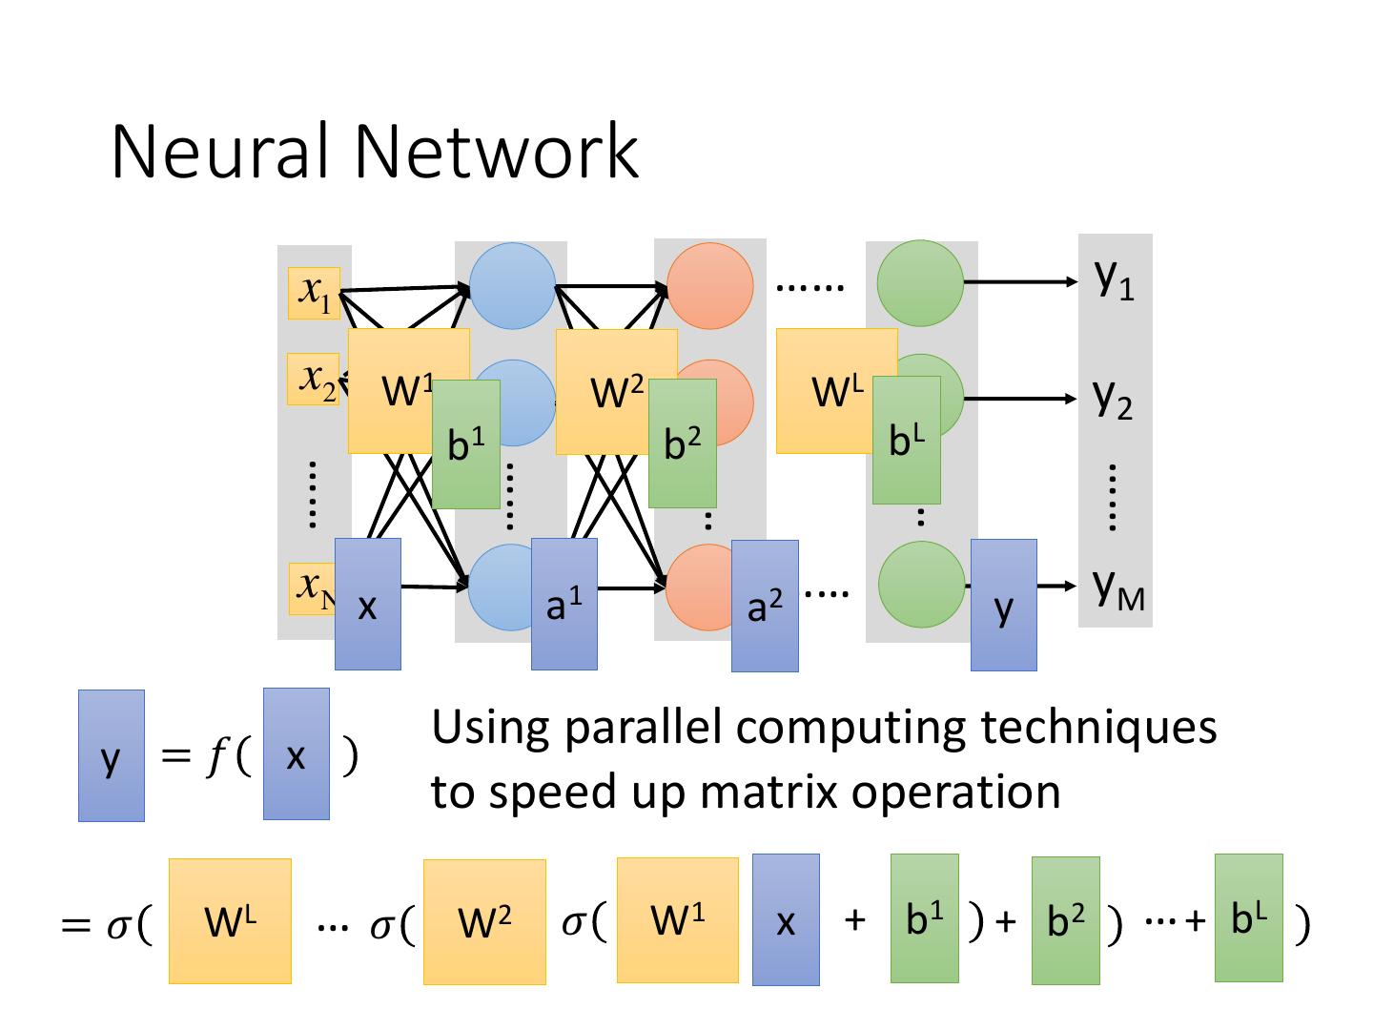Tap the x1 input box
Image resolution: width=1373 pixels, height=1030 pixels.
(x=314, y=293)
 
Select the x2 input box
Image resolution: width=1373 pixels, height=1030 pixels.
(x=313, y=379)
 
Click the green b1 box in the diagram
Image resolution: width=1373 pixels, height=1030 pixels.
(x=466, y=443)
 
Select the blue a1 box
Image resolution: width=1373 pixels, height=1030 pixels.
(x=564, y=604)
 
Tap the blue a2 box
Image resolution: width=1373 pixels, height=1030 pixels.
(x=765, y=606)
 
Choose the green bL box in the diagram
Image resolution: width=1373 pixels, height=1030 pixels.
(x=906, y=440)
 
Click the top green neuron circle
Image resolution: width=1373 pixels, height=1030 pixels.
(x=920, y=282)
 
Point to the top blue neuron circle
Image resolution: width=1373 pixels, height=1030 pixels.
(x=512, y=285)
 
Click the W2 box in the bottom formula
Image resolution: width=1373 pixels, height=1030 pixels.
(x=484, y=921)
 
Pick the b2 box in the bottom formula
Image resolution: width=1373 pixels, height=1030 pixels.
(x=1065, y=920)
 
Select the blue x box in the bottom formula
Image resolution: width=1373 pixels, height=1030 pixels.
(x=786, y=919)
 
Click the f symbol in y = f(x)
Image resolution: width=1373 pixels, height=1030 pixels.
(x=215, y=756)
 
